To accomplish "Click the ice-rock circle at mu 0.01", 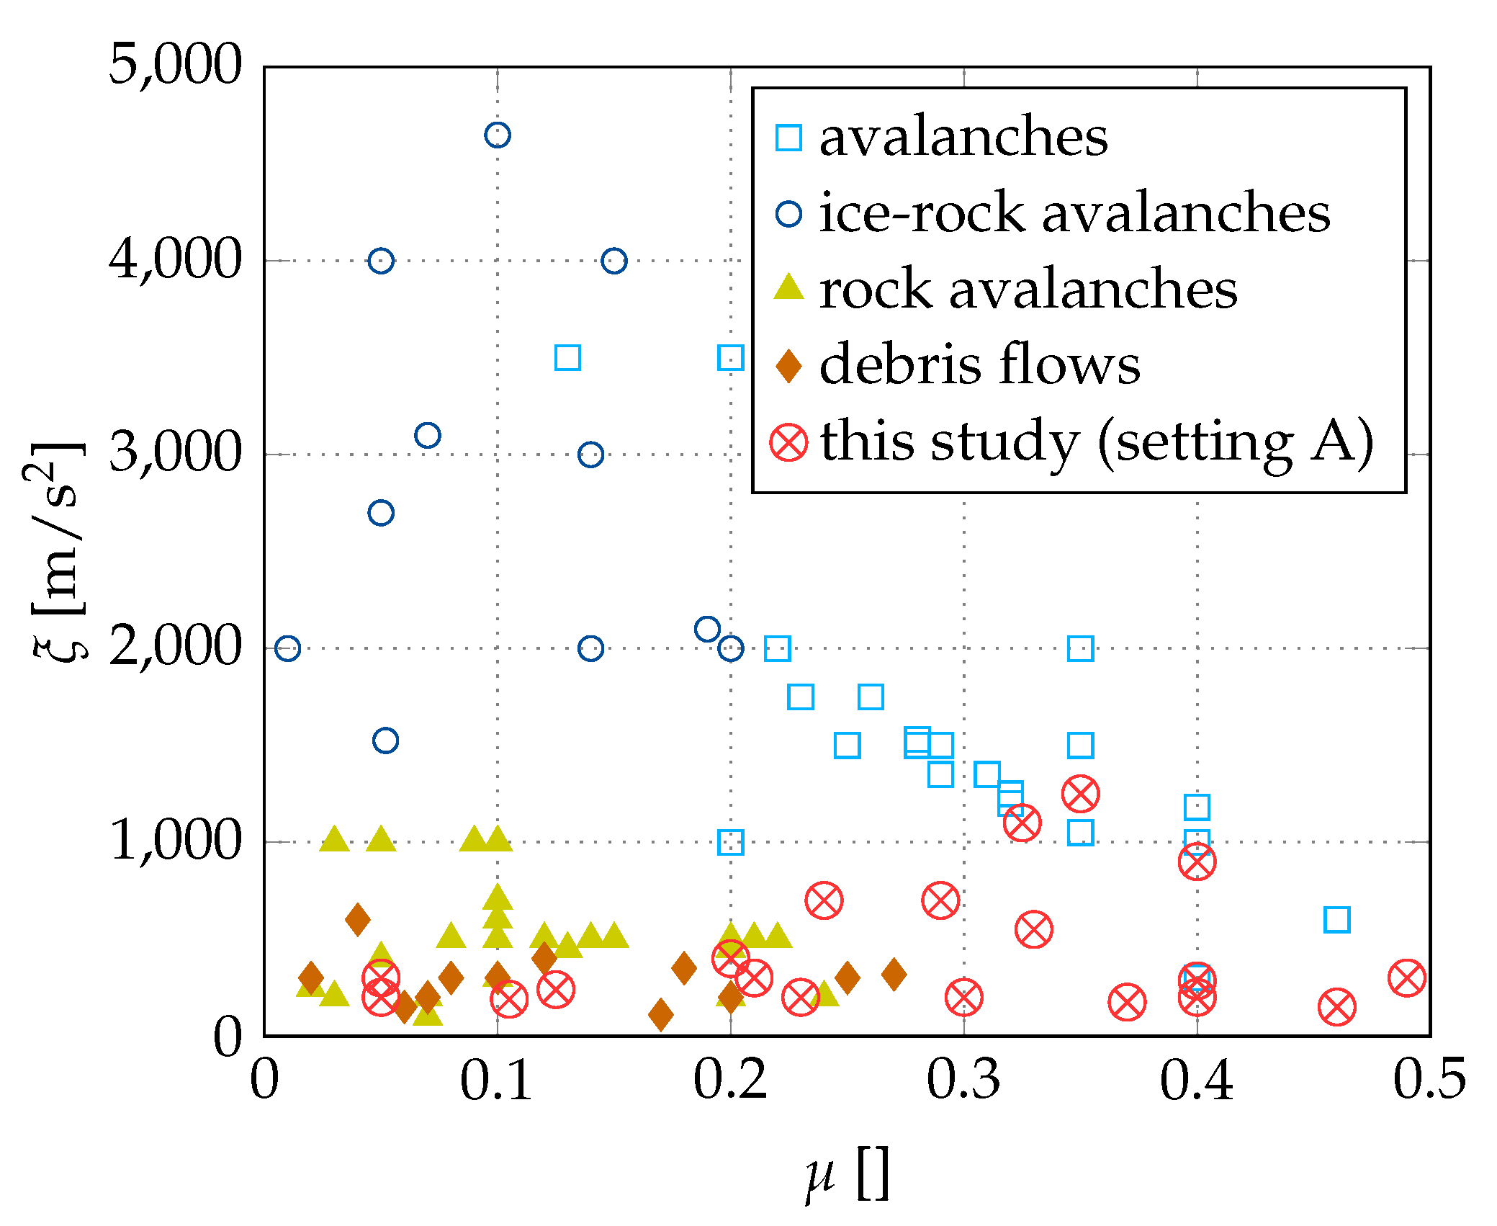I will pyautogui.click(x=287, y=648).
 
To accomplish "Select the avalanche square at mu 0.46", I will pyautogui.click(x=1336, y=920).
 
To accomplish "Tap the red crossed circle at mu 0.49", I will pyautogui.click(x=1406, y=977).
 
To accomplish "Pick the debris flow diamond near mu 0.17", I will pyautogui.click(x=660, y=1014).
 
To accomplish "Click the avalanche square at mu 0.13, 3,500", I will pyautogui.click(x=567, y=357).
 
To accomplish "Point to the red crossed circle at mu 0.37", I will pyautogui.click(x=1127, y=1002).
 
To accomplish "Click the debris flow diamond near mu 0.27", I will pyautogui.click(x=894, y=974).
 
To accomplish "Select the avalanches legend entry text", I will pyautogui.click(x=963, y=137).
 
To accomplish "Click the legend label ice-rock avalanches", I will pyautogui.click(x=1074, y=213).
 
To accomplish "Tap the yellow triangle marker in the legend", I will pyautogui.click(x=788, y=288).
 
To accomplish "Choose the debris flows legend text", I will pyautogui.click(x=979, y=364).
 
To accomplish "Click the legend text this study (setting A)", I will pyautogui.click(x=1096, y=442).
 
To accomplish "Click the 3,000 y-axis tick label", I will pyautogui.click(x=175, y=454).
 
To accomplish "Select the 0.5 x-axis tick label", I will pyautogui.click(x=1429, y=1080).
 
